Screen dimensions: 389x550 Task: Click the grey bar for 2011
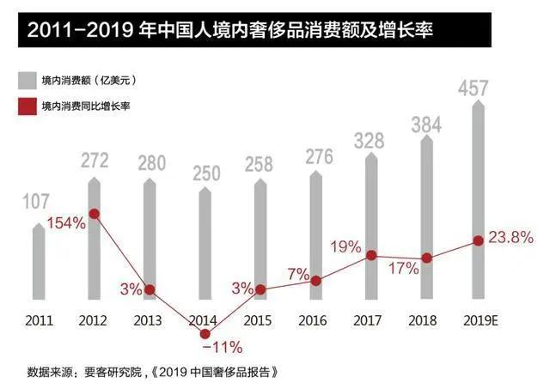(39, 265)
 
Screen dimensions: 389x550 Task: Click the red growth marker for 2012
(95, 214)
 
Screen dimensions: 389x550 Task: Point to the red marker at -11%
(205, 332)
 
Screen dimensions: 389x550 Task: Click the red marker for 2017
(371, 255)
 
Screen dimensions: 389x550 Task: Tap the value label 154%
(65, 223)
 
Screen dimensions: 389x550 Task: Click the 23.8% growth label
(512, 237)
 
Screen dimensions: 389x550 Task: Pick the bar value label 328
(370, 140)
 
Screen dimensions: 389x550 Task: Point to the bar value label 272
(94, 161)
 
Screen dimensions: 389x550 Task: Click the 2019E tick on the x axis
(480, 320)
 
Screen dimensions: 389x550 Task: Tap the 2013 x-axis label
(149, 320)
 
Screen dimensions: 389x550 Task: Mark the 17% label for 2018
(402, 268)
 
